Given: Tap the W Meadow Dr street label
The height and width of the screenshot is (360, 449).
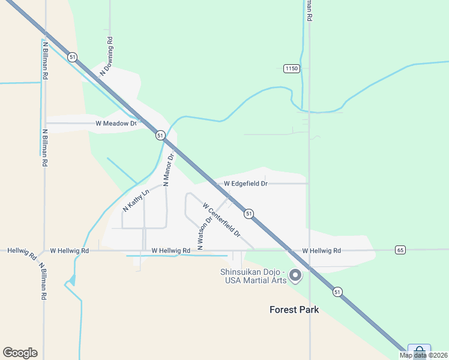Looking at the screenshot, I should (x=116, y=124).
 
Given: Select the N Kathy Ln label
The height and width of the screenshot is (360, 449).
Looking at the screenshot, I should (x=135, y=201).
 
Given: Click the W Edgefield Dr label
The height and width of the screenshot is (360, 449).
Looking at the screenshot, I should (x=246, y=184).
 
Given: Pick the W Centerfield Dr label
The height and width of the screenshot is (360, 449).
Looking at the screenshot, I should (x=221, y=219).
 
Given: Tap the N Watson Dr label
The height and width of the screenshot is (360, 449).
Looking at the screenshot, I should (x=205, y=233).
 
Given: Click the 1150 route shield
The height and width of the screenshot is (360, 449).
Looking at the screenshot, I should (x=291, y=68).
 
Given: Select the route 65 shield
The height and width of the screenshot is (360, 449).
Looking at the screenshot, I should (x=400, y=250).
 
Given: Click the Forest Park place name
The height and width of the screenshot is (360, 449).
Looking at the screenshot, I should (x=294, y=310).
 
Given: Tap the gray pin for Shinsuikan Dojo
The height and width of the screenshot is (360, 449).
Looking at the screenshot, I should (x=295, y=275).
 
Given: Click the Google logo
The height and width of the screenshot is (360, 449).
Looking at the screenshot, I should (x=20, y=353).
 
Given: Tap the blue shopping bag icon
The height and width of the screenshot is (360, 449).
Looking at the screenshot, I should (x=418, y=350).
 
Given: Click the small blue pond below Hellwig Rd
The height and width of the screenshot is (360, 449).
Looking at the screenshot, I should (x=73, y=280).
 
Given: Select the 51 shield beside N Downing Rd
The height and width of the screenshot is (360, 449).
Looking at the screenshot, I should (x=72, y=57).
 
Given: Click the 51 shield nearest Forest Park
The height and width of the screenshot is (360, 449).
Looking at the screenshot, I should (x=338, y=292).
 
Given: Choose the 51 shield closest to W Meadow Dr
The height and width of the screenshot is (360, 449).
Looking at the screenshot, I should (x=160, y=136).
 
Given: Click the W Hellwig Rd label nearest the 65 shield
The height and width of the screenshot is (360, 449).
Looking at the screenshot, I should (x=321, y=251).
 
